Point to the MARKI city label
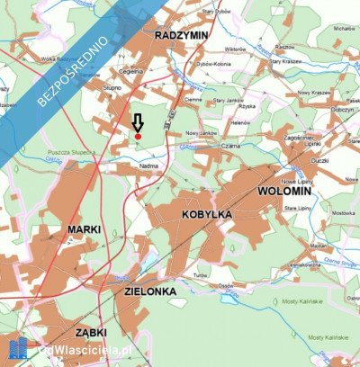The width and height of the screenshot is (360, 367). click(x=85, y=229)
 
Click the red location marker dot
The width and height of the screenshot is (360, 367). click(x=138, y=136)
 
